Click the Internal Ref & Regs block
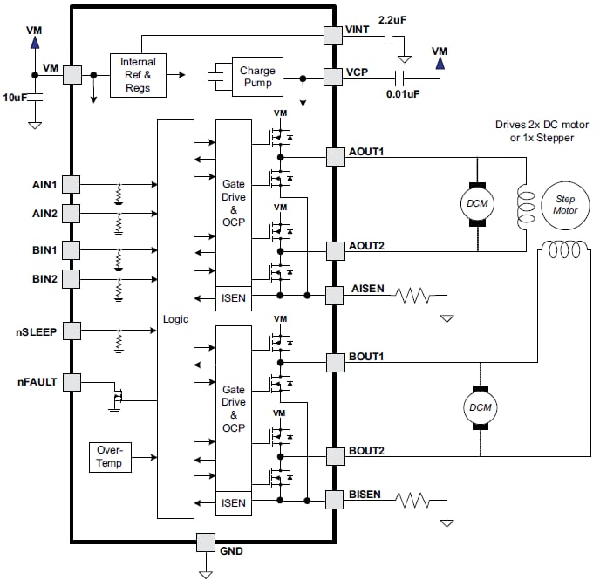click(138, 75)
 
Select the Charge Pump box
click(257, 77)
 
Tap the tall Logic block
click(176, 318)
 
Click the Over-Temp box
click(110, 457)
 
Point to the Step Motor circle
click(565, 205)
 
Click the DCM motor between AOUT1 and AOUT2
click(477, 203)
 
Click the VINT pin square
click(333, 35)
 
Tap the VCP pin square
click(333, 77)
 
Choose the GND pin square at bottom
click(206, 543)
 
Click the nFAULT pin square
click(71, 381)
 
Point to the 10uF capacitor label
click(16, 98)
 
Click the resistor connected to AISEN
click(413, 297)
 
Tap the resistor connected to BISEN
click(413, 501)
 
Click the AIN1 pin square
click(71, 184)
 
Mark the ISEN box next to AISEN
click(233, 298)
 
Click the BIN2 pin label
click(44, 278)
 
